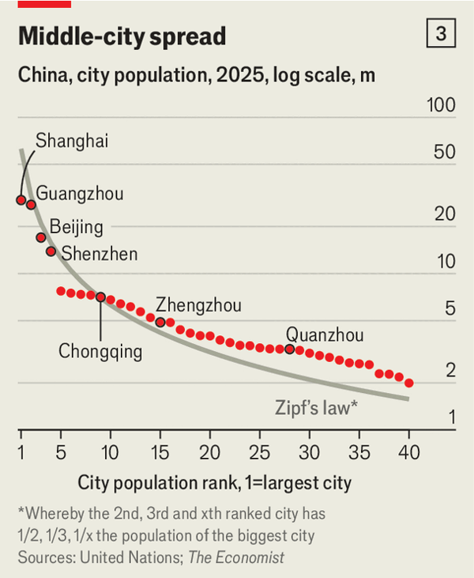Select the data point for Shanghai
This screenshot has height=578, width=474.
[21, 200]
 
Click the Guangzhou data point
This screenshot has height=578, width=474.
[32, 205]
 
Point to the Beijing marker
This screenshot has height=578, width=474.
[41, 237]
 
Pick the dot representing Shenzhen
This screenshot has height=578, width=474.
[51, 251]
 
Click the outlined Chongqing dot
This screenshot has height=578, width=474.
[100, 297]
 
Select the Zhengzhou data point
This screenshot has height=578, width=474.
[160, 322]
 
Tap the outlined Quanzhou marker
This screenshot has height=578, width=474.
[290, 349]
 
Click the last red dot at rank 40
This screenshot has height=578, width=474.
[409, 383]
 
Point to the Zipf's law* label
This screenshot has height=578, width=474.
[317, 408]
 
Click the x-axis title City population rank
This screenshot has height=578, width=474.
[213, 482]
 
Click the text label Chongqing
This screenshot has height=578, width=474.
[100, 351]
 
